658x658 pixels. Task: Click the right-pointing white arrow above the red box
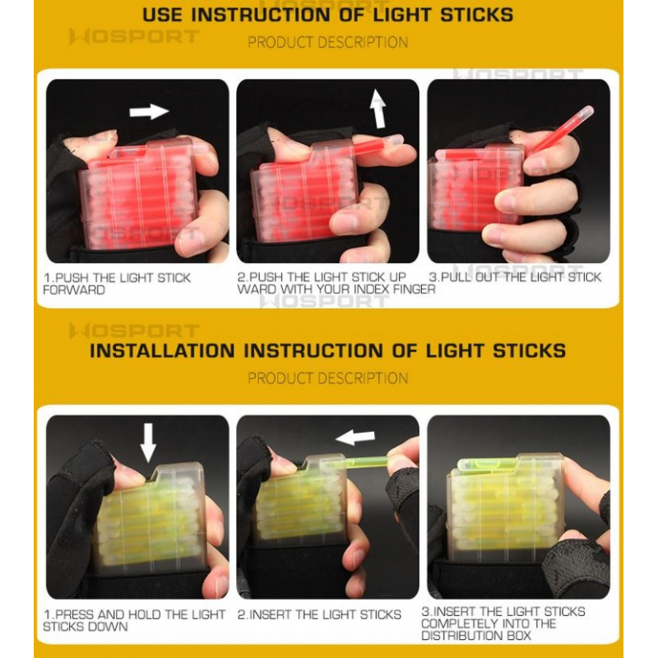coord(149,112)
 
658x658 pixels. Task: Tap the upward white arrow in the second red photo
coord(378,109)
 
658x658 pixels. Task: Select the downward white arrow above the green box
coord(148,443)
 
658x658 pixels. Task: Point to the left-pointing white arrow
coord(355,438)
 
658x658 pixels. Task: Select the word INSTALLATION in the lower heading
coord(162,351)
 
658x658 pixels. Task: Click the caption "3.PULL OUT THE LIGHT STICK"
coord(515,277)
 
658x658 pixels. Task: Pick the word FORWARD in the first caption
coord(74,290)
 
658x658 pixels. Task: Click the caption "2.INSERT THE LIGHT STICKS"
coord(319,614)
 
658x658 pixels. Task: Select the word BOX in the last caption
coord(519,635)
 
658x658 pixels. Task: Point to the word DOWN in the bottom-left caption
coord(109,627)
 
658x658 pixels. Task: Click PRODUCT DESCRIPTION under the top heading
coord(327,43)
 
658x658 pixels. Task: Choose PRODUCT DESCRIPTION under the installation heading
coord(327,378)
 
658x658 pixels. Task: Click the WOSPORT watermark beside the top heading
coord(134,36)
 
